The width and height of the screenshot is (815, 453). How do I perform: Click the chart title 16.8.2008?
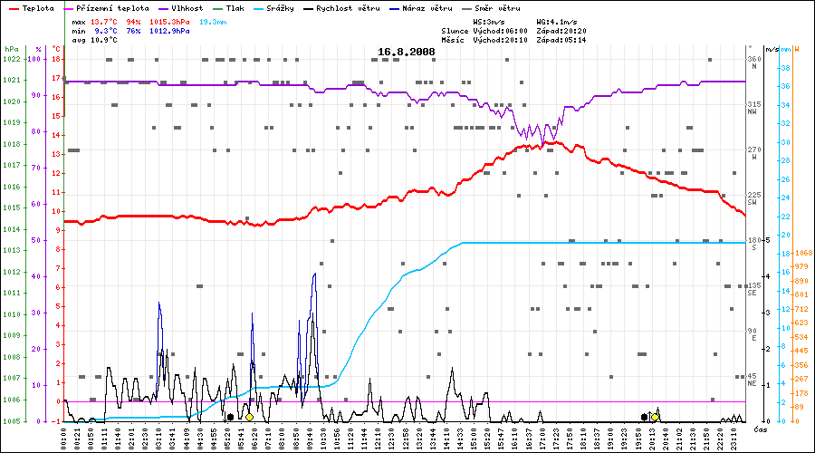(x=407, y=52)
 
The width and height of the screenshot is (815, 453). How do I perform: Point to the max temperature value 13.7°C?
(x=104, y=20)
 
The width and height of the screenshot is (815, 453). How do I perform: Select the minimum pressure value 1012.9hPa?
(x=168, y=30)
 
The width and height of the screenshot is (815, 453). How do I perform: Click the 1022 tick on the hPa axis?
(x=11, y=59)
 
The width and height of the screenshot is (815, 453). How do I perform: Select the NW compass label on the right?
(x=753, y=112)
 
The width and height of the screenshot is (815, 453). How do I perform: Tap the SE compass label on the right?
(x=753, y=294)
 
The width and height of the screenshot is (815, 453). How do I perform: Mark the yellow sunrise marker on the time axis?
(x=249, y=417)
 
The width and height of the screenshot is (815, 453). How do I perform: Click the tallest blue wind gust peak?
(x=314, y=274)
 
